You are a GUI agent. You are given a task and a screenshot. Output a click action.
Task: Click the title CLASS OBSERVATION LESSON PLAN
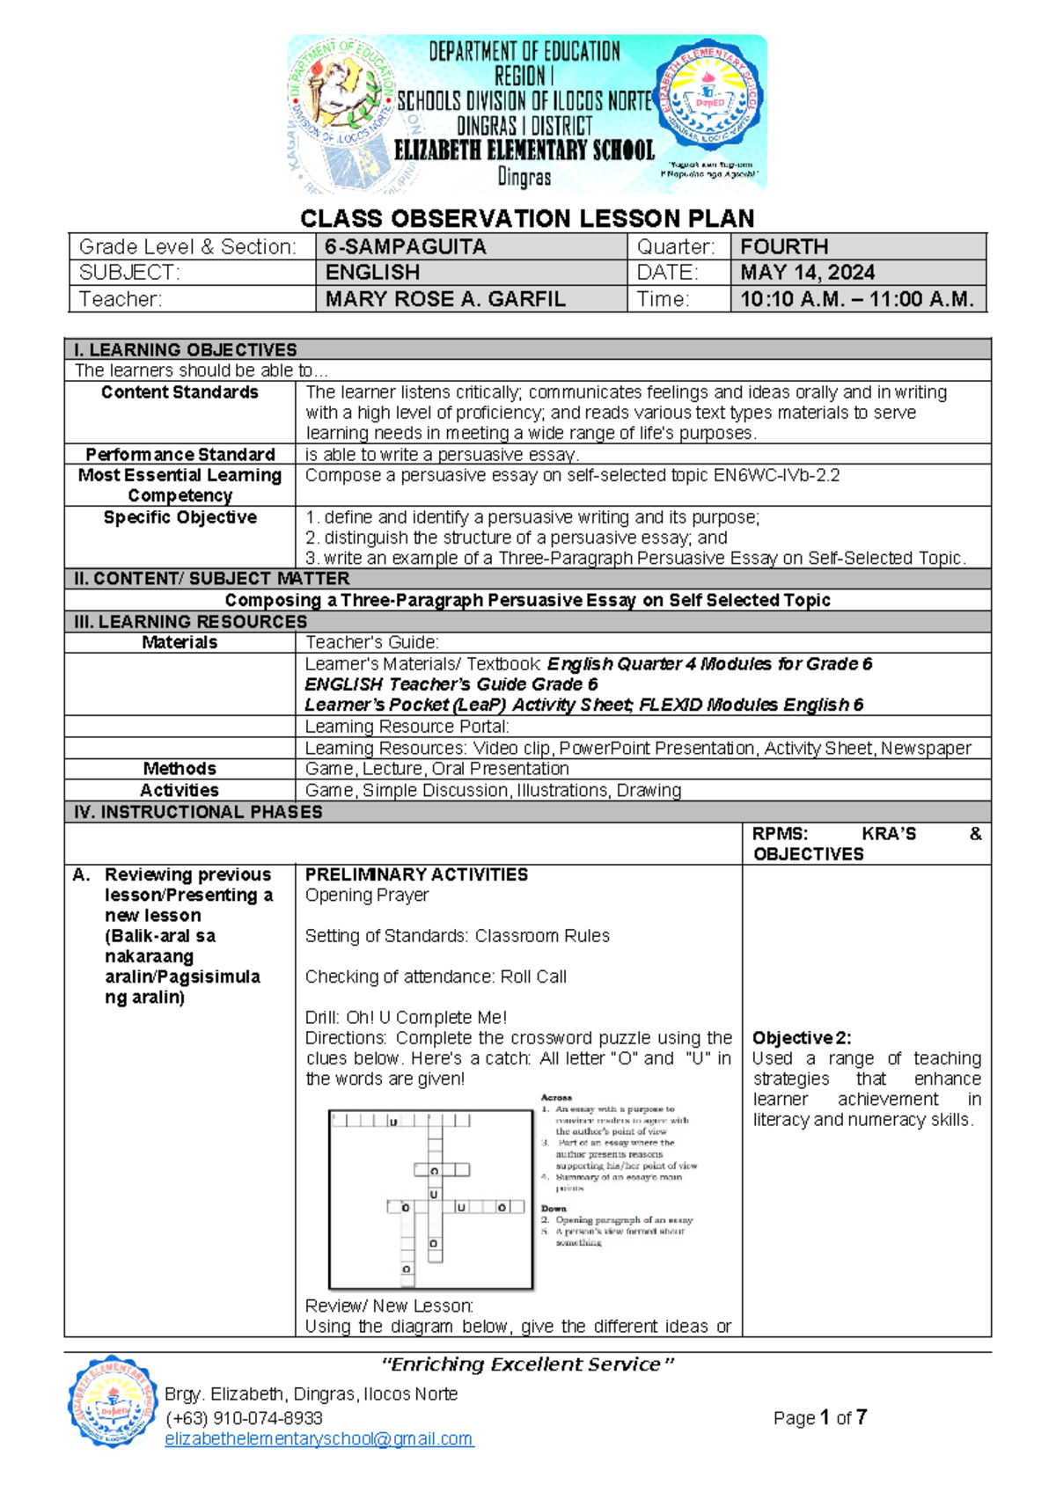pyautogui.click(x=527, y=218)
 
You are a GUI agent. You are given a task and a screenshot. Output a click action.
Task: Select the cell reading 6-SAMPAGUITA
pyautogui.click(x=405, y=247)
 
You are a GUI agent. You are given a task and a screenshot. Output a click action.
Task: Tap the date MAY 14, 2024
pyautogui.click(x=807, y=273)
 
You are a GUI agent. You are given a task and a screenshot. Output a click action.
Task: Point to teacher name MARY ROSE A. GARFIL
pyautogui.click(x=444, y=299)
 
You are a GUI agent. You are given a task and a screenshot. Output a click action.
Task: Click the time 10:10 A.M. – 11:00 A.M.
pyautogui.click(x=856, y=299)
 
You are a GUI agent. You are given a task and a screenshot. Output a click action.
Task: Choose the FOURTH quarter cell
pyautogui.click(x=784, y=247)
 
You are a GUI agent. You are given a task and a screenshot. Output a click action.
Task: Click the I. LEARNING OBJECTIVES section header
pyautogui.click(x=186, y=349)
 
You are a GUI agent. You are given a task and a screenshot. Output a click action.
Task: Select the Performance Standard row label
pyautogui.click(x=180, y=454)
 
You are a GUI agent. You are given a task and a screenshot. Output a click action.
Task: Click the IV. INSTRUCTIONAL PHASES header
pyautogui.click(x=199, y=812)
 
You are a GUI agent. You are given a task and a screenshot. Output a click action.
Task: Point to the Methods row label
pyautogui.click(x=180, y=768)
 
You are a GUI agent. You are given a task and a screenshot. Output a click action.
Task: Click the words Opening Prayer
pyautogui.click(x=366, y=895)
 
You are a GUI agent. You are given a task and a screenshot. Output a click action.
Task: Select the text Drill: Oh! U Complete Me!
pyautogui.click(x=406, y=1017)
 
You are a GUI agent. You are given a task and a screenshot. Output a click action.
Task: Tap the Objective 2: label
pyautogui.click(x=801, y=1038)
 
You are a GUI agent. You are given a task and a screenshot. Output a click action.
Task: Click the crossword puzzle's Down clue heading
pyautogui.click(x=554, y=1208)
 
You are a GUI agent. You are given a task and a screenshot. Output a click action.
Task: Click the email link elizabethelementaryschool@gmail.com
pyautogui.click(x=319, y=1438)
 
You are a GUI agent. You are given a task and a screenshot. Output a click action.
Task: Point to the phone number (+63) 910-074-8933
pyautogui.click(x=244, y=1418)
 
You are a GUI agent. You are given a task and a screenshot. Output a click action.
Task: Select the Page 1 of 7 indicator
pyautogui.click(x=819, y=1417)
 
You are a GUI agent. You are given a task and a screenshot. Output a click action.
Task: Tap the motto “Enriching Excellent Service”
pyautogui.click(x=527, y=1364)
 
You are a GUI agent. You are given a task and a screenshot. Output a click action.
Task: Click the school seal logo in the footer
pyautogui.click(x=112, y=1401)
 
